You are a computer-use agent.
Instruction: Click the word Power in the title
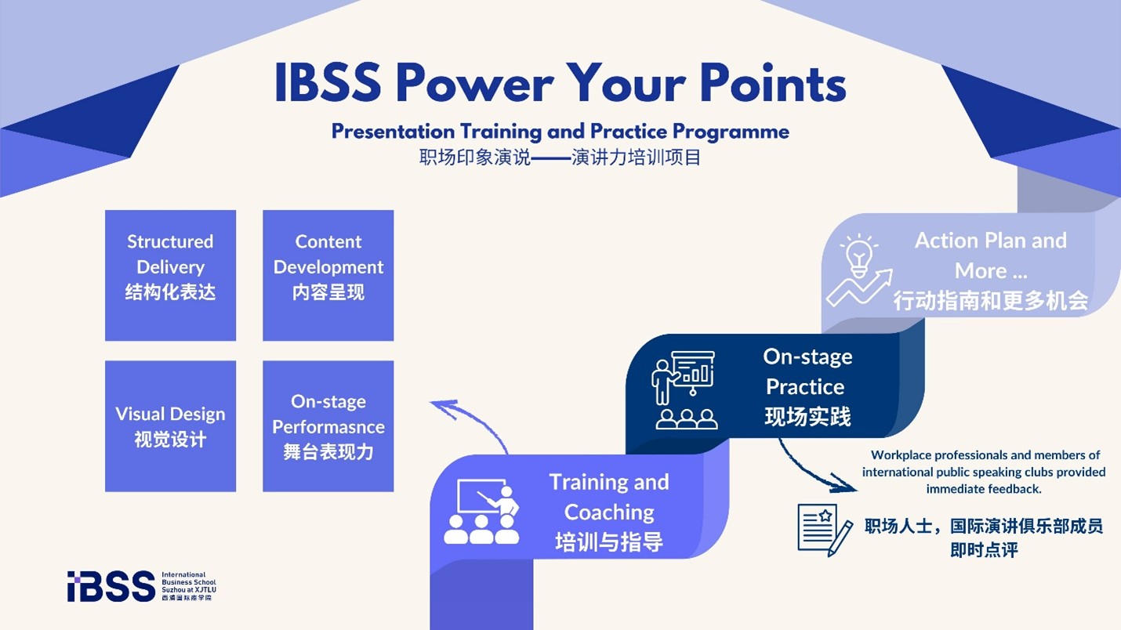(474, 83)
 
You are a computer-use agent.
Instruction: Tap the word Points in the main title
(773, 83)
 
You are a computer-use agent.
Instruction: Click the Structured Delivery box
(170, 275)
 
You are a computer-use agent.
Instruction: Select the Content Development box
(328, 275)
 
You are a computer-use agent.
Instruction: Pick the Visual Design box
(170, 426)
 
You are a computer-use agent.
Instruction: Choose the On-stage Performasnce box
(328, 426)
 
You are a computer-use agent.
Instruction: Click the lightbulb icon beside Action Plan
(859, 270)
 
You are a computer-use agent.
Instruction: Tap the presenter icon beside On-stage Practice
(684, 390)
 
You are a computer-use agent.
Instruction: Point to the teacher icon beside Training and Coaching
(481, 512)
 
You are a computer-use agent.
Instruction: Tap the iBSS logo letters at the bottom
(111, 586)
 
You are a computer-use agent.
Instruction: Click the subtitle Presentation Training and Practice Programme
(560, 131)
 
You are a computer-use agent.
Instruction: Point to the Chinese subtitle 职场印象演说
(474, 157)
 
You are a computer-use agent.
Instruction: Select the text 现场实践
(807, 416)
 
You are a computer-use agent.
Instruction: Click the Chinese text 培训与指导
(609, 541)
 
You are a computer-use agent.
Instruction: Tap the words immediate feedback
(983, 489)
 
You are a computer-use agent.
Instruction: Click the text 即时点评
(984, 550)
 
